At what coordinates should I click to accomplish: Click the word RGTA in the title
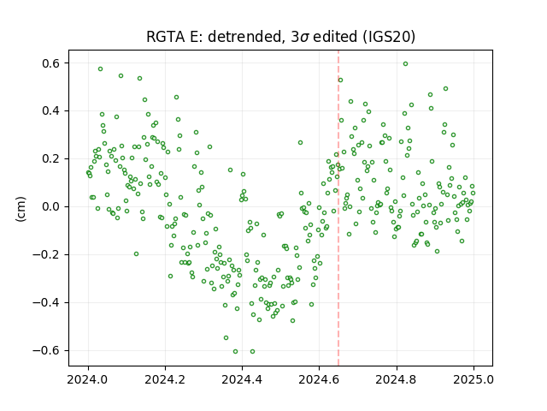[166, 37]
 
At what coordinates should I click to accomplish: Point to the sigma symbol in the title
[304, 38]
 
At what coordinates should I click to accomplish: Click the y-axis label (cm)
[21, 209]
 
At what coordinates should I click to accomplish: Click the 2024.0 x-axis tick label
[88, 379]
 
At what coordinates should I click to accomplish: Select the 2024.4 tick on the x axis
[242, 379]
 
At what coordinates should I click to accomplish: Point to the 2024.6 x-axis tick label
[319, 379]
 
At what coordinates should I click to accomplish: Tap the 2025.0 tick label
[473, 379]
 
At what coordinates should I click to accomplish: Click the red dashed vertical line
[338, 208]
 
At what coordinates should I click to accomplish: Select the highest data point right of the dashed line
[405, 64]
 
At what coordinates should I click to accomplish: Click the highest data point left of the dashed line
[101, 69]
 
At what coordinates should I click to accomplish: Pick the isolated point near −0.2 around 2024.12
[137, 254]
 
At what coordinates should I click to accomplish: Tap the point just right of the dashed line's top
[340, 80]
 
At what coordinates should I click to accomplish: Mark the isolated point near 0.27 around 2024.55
[300, 143]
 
